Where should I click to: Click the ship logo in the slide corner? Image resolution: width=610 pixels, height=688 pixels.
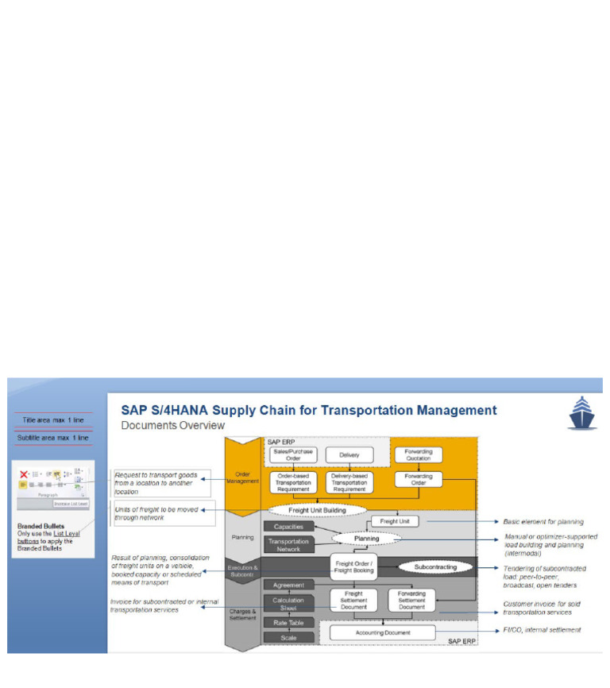[x=581, y=413]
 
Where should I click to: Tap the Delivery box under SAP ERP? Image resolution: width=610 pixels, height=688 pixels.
[x=349, y=454]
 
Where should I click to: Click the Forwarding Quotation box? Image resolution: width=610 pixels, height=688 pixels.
[x=419, y=454]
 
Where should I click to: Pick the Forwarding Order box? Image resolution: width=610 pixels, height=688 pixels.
[x=419, y=481]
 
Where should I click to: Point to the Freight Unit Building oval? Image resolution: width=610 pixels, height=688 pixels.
[x=318, y=509]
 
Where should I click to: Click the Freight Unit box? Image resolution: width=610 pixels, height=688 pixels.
[x=395, y=522]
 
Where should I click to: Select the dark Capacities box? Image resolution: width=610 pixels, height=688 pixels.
[x=288, y=527]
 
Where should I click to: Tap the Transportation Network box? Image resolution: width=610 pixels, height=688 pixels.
[x=288, y=544]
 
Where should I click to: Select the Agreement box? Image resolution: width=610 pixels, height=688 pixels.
[x=288, y=585]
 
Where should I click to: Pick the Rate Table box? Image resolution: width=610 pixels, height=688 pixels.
[x=288, y=623]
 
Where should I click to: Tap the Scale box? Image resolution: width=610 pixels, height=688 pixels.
[x=288, y=637]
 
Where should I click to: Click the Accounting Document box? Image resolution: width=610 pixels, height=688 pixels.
[x=382, y=632]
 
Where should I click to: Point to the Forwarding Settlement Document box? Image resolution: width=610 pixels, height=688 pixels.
[x=411, y=600]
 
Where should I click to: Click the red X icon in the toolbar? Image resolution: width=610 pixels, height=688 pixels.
[x=23, y=473]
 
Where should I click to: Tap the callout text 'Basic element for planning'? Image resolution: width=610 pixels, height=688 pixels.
[x=543, y=522]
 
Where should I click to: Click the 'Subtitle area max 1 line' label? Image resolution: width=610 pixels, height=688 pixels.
[x=52, y=438]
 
